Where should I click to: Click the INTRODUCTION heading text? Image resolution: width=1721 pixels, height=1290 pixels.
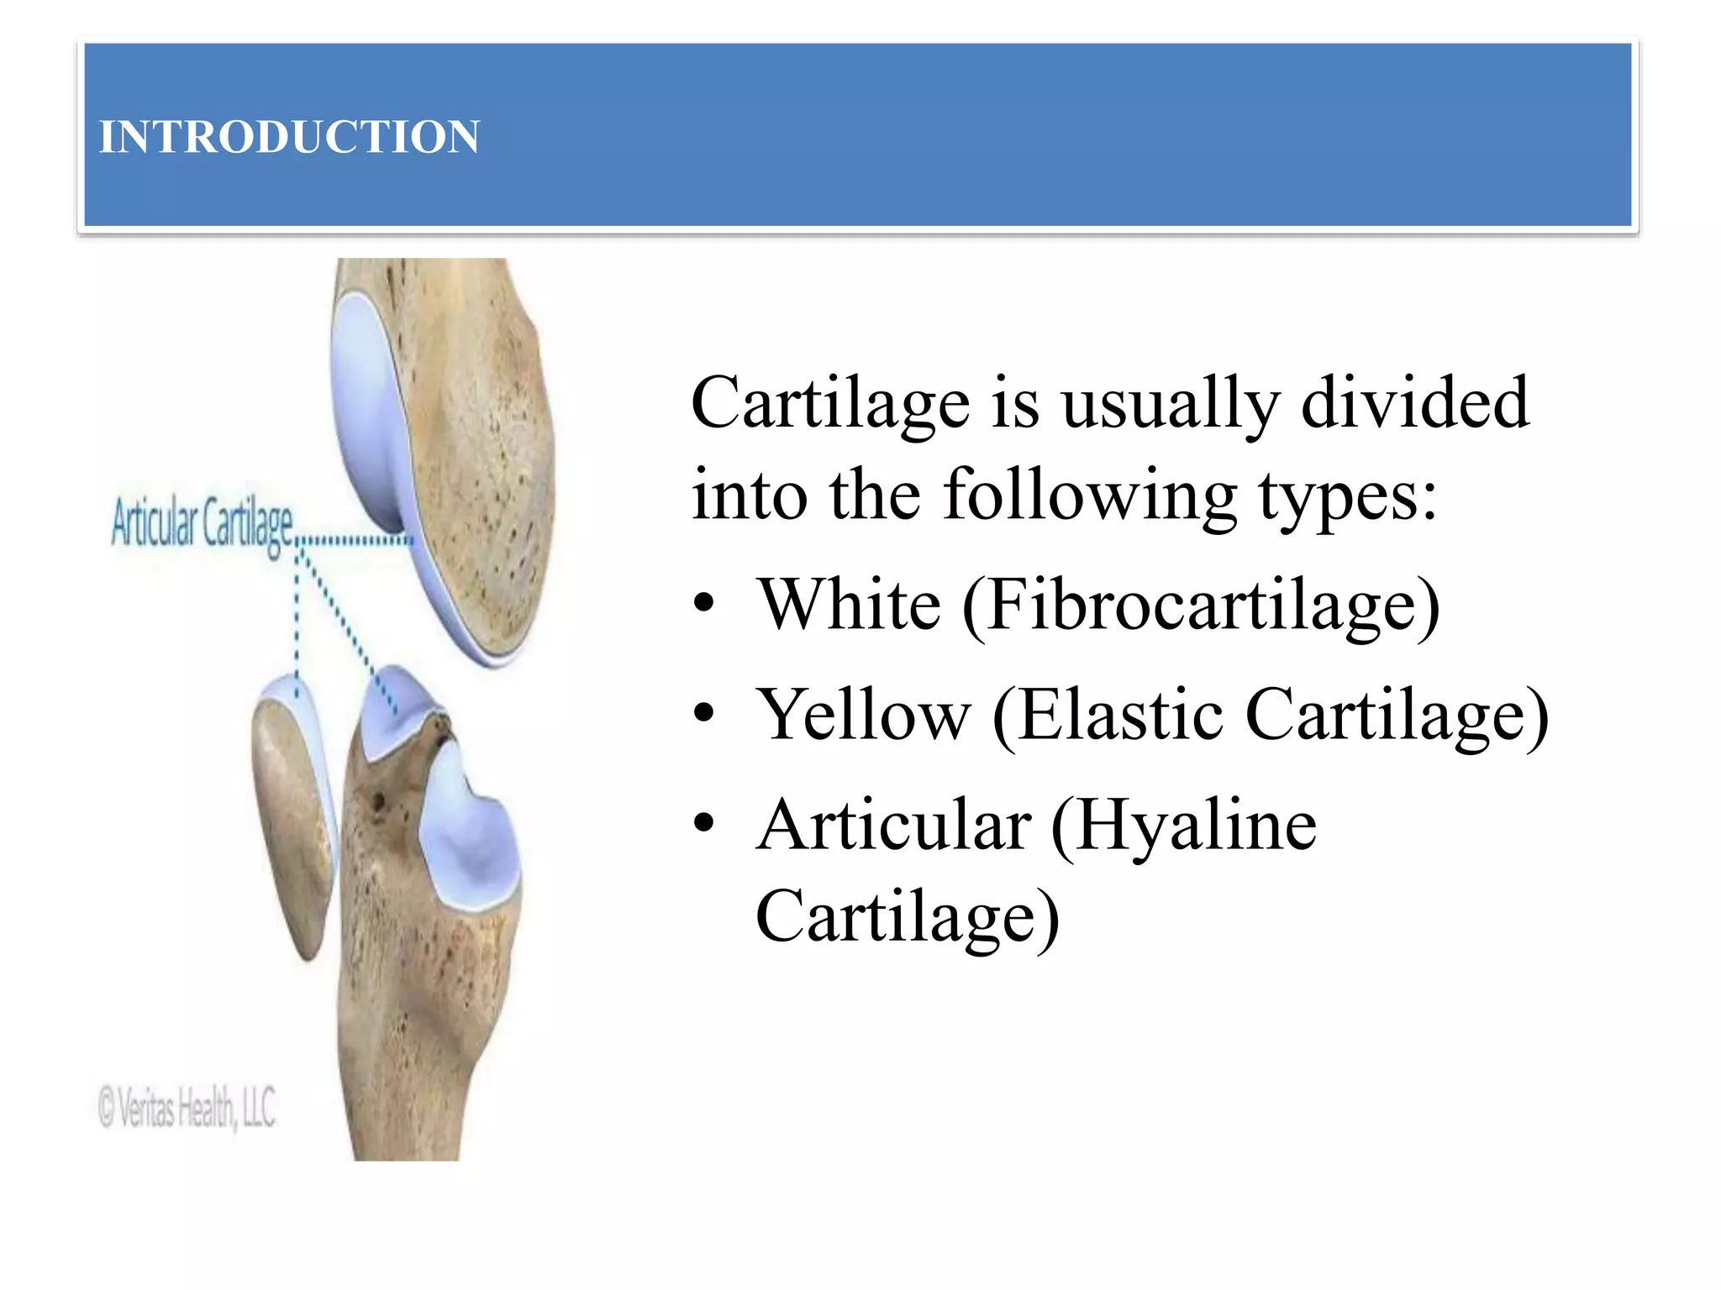[x=289, y=137]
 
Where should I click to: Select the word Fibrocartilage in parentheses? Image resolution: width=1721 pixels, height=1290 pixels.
[x=1202, y=606]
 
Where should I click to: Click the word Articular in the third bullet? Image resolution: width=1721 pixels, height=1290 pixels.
[x=893, y=826]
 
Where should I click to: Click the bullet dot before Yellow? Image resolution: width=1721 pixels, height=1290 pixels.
[x=703, y=715]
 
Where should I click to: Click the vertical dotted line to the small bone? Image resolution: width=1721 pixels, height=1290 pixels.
[x=297, y=621]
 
